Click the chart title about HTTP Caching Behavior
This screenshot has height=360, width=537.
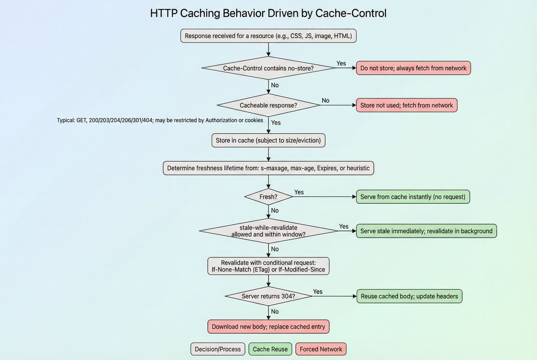[268, 13]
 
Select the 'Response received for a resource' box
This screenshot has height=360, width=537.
[268, 36]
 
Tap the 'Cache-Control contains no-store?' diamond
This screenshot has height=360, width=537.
[268, 68]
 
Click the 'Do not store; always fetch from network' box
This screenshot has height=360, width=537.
[413, 68]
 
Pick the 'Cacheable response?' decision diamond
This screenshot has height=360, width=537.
[268, 105]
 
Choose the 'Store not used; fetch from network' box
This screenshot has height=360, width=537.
[406, 105]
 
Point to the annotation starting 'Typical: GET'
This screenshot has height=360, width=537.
[160, 120]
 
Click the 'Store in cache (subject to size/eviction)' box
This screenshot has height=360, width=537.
[268, 141]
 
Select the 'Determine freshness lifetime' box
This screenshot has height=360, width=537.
[268, 168]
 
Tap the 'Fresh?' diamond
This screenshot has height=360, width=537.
[268, 197]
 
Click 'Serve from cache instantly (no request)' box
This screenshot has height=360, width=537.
[413, 197]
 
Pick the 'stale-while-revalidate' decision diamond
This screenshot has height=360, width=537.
[268, 231]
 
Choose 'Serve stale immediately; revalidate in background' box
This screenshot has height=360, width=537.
[426, 231]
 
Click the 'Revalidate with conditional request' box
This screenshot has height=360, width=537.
[268, 266]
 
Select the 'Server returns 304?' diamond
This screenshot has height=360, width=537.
[268, 296]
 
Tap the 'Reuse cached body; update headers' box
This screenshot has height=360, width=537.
[409, 296]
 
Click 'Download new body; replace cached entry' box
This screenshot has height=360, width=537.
[268, 327]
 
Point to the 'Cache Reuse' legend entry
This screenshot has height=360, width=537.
[270, 349]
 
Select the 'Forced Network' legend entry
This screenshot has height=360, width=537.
[321, 349]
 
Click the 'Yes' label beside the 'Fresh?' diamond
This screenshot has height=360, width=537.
[299, 192]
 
